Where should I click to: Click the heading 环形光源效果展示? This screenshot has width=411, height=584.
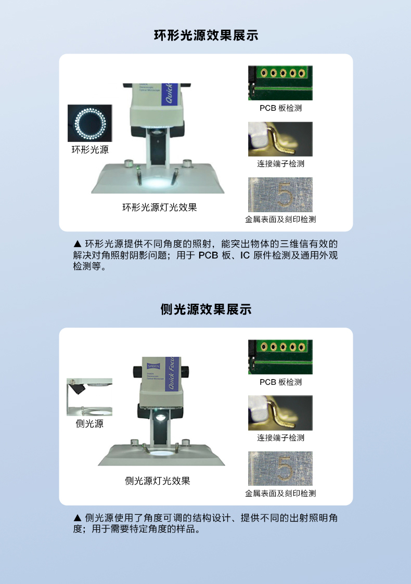(x=206, y=35)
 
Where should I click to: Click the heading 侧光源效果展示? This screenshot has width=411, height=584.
(x=206, y=309)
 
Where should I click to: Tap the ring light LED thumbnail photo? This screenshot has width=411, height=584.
(x=89, y=123)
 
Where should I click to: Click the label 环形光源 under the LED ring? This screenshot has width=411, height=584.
(x=90, y=150)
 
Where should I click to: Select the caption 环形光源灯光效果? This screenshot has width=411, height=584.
(x=159, y=207)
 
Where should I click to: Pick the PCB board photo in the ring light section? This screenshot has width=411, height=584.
(x=280, y=83)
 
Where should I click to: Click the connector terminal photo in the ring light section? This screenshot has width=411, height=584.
(x=280, y=139)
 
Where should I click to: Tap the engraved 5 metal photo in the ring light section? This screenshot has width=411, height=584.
(x=280, y=194)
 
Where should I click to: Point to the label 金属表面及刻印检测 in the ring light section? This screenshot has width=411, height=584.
(x=280, y=219)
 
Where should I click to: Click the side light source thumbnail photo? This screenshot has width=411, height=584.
(x=89, y=397)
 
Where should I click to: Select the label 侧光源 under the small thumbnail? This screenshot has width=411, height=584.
(x=89, y=424)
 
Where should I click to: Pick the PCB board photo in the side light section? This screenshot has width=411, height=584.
(x=280, y=357)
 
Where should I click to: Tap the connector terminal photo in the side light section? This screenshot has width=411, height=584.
(x=280, y=413)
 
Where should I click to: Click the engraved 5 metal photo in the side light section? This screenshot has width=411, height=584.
(x=280, y=469)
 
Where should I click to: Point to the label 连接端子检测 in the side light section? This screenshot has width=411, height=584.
(x=280, y=438)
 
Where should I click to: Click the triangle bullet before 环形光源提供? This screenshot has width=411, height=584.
(x=78, y=243)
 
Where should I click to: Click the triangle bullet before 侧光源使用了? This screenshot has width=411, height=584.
(x=78, y=517)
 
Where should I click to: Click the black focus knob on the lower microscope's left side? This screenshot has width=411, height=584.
(x=137, y=371)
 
